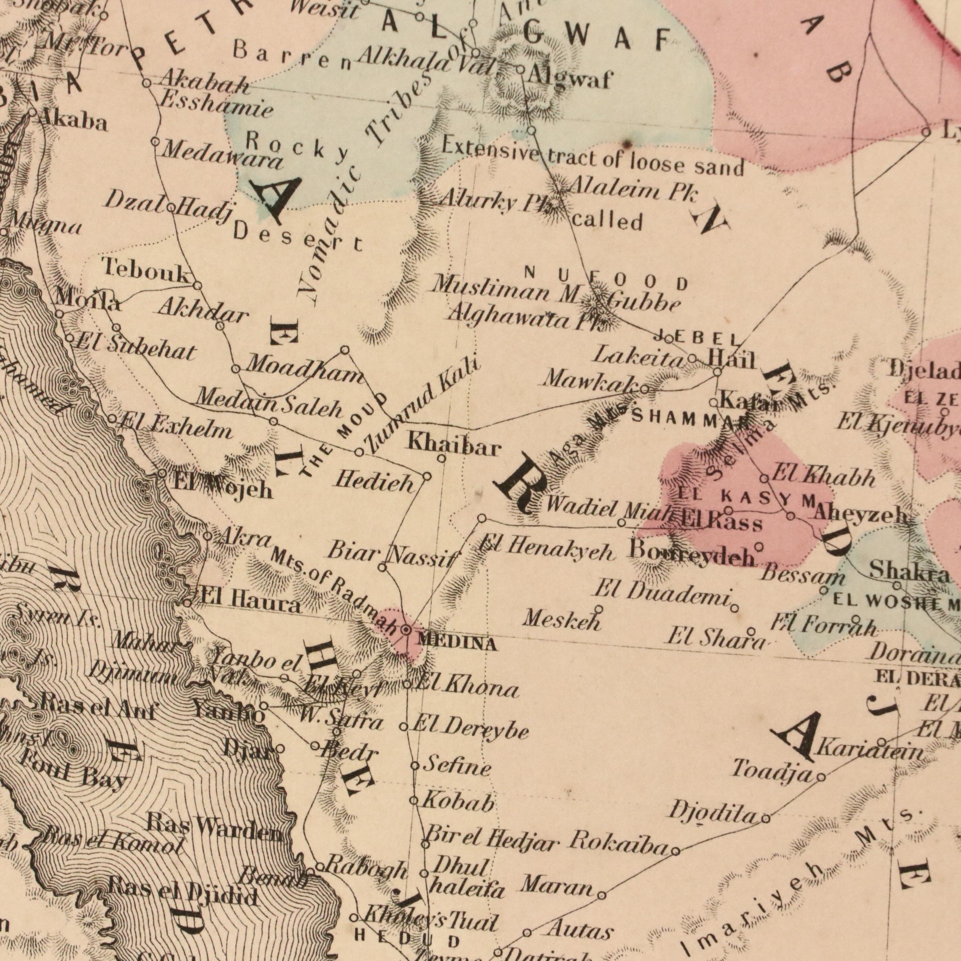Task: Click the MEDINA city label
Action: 457,644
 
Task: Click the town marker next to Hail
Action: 717,372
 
